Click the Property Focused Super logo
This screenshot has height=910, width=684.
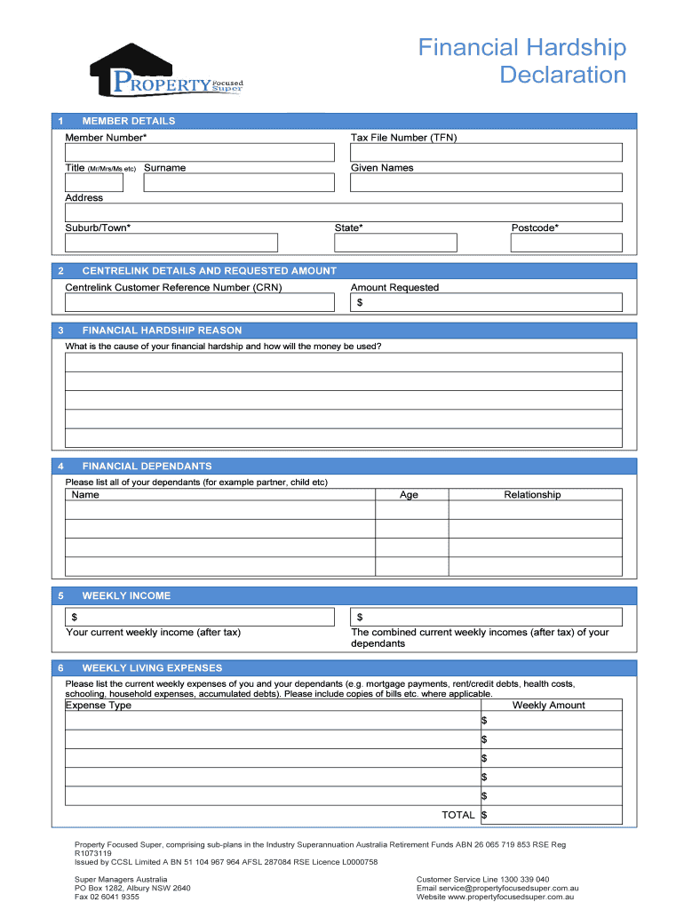[x=166, y=73]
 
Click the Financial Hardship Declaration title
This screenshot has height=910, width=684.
[x=522, y=60]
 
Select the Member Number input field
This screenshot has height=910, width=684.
[x=200, y=152]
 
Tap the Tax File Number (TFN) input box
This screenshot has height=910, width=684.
[x=486, y=152]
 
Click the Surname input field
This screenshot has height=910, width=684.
[x=239, y=182]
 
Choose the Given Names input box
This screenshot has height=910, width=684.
[x=486, y=182]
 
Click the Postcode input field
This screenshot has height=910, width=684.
[x=566, y=243]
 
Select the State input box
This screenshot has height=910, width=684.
[x=395, y=243]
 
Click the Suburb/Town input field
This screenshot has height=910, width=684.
[x=171, y=243]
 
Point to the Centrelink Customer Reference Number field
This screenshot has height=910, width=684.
[x=200, y=302]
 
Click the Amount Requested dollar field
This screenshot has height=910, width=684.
[x=486, y=302]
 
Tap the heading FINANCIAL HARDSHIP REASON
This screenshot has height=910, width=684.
[x=162, y=331]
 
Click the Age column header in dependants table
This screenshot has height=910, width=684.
[x=409, y=495]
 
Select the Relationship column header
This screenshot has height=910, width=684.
[x=532, y=495]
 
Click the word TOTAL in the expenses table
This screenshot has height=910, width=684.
[x=458, y=815]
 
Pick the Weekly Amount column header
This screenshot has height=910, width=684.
[x=549, y=706]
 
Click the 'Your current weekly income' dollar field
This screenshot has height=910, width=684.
[x=200, y=617]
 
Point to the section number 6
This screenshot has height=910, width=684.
[x=60, y=668]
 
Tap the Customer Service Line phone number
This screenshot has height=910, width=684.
[x=521, y=879]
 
